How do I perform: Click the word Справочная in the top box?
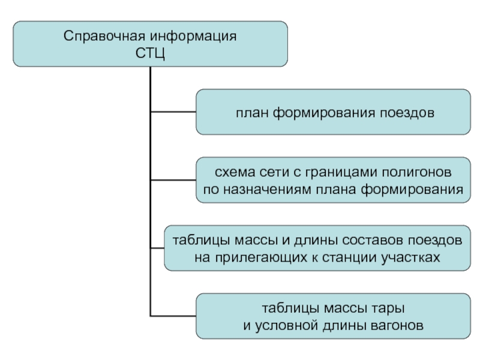click(x=104, y=37)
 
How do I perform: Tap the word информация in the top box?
click(x=193, y=37)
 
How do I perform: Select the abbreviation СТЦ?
click(x=150, y=53)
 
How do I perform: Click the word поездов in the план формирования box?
click(x=407, y=113)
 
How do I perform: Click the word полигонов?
click(x=416, y=172)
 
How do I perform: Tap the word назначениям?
click(x=267, y=190)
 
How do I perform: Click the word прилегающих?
click(x=261, y=258)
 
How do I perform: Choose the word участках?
click(x=411, y=258)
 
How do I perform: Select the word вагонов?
click(x=397, y=326)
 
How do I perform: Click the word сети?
click(x=275, y=172)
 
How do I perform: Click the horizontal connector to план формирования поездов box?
click(x=173, y=112)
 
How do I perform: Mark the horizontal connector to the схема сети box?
click(x=173, y=180)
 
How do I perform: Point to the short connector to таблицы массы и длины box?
click(x=157, y=248)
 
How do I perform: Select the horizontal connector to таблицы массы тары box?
click(x=173, y=316)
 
